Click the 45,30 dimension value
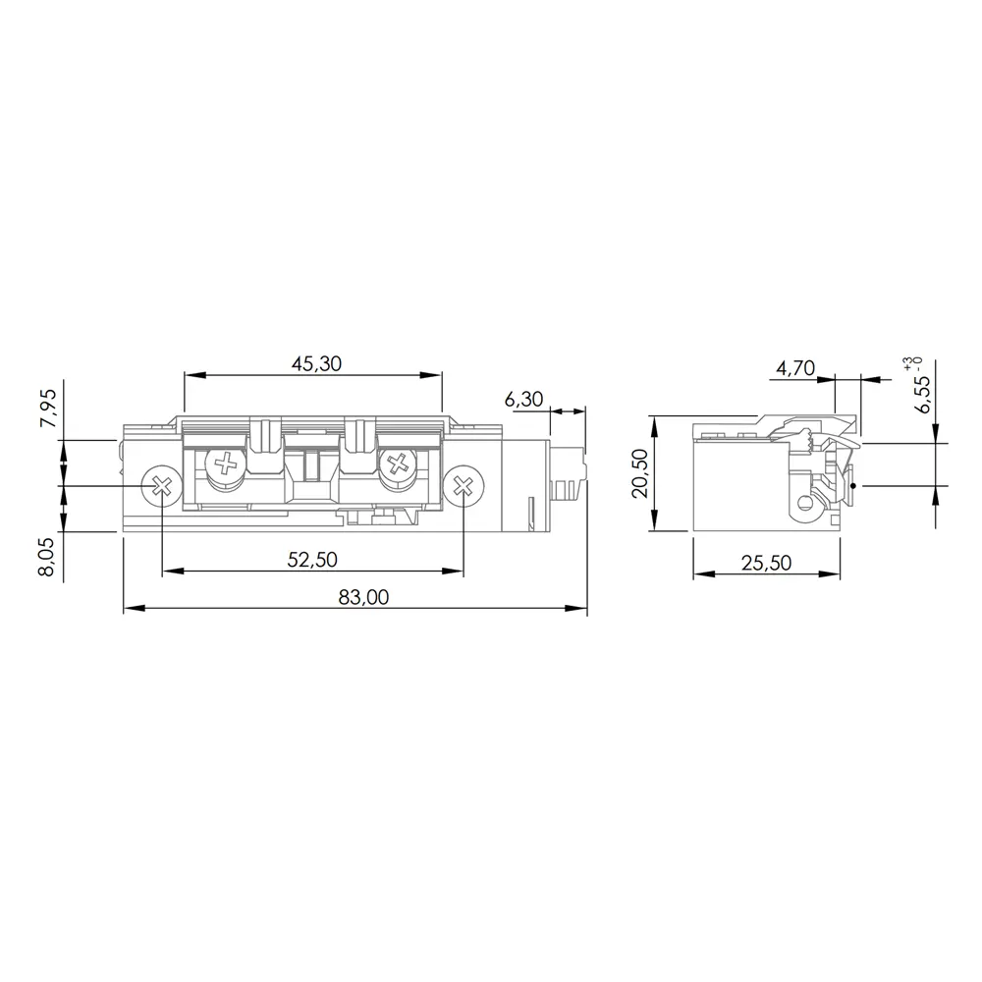pos(316,363)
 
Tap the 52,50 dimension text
pos(312,560)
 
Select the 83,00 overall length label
pos(363,597)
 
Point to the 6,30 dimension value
pos(523,399)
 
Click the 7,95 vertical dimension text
pos(48,408)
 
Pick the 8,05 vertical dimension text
pos(48,556)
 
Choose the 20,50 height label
pos(640,473)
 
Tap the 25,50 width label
pos(767,563)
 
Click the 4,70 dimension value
pos(795,367)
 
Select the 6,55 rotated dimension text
pos(922,394)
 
